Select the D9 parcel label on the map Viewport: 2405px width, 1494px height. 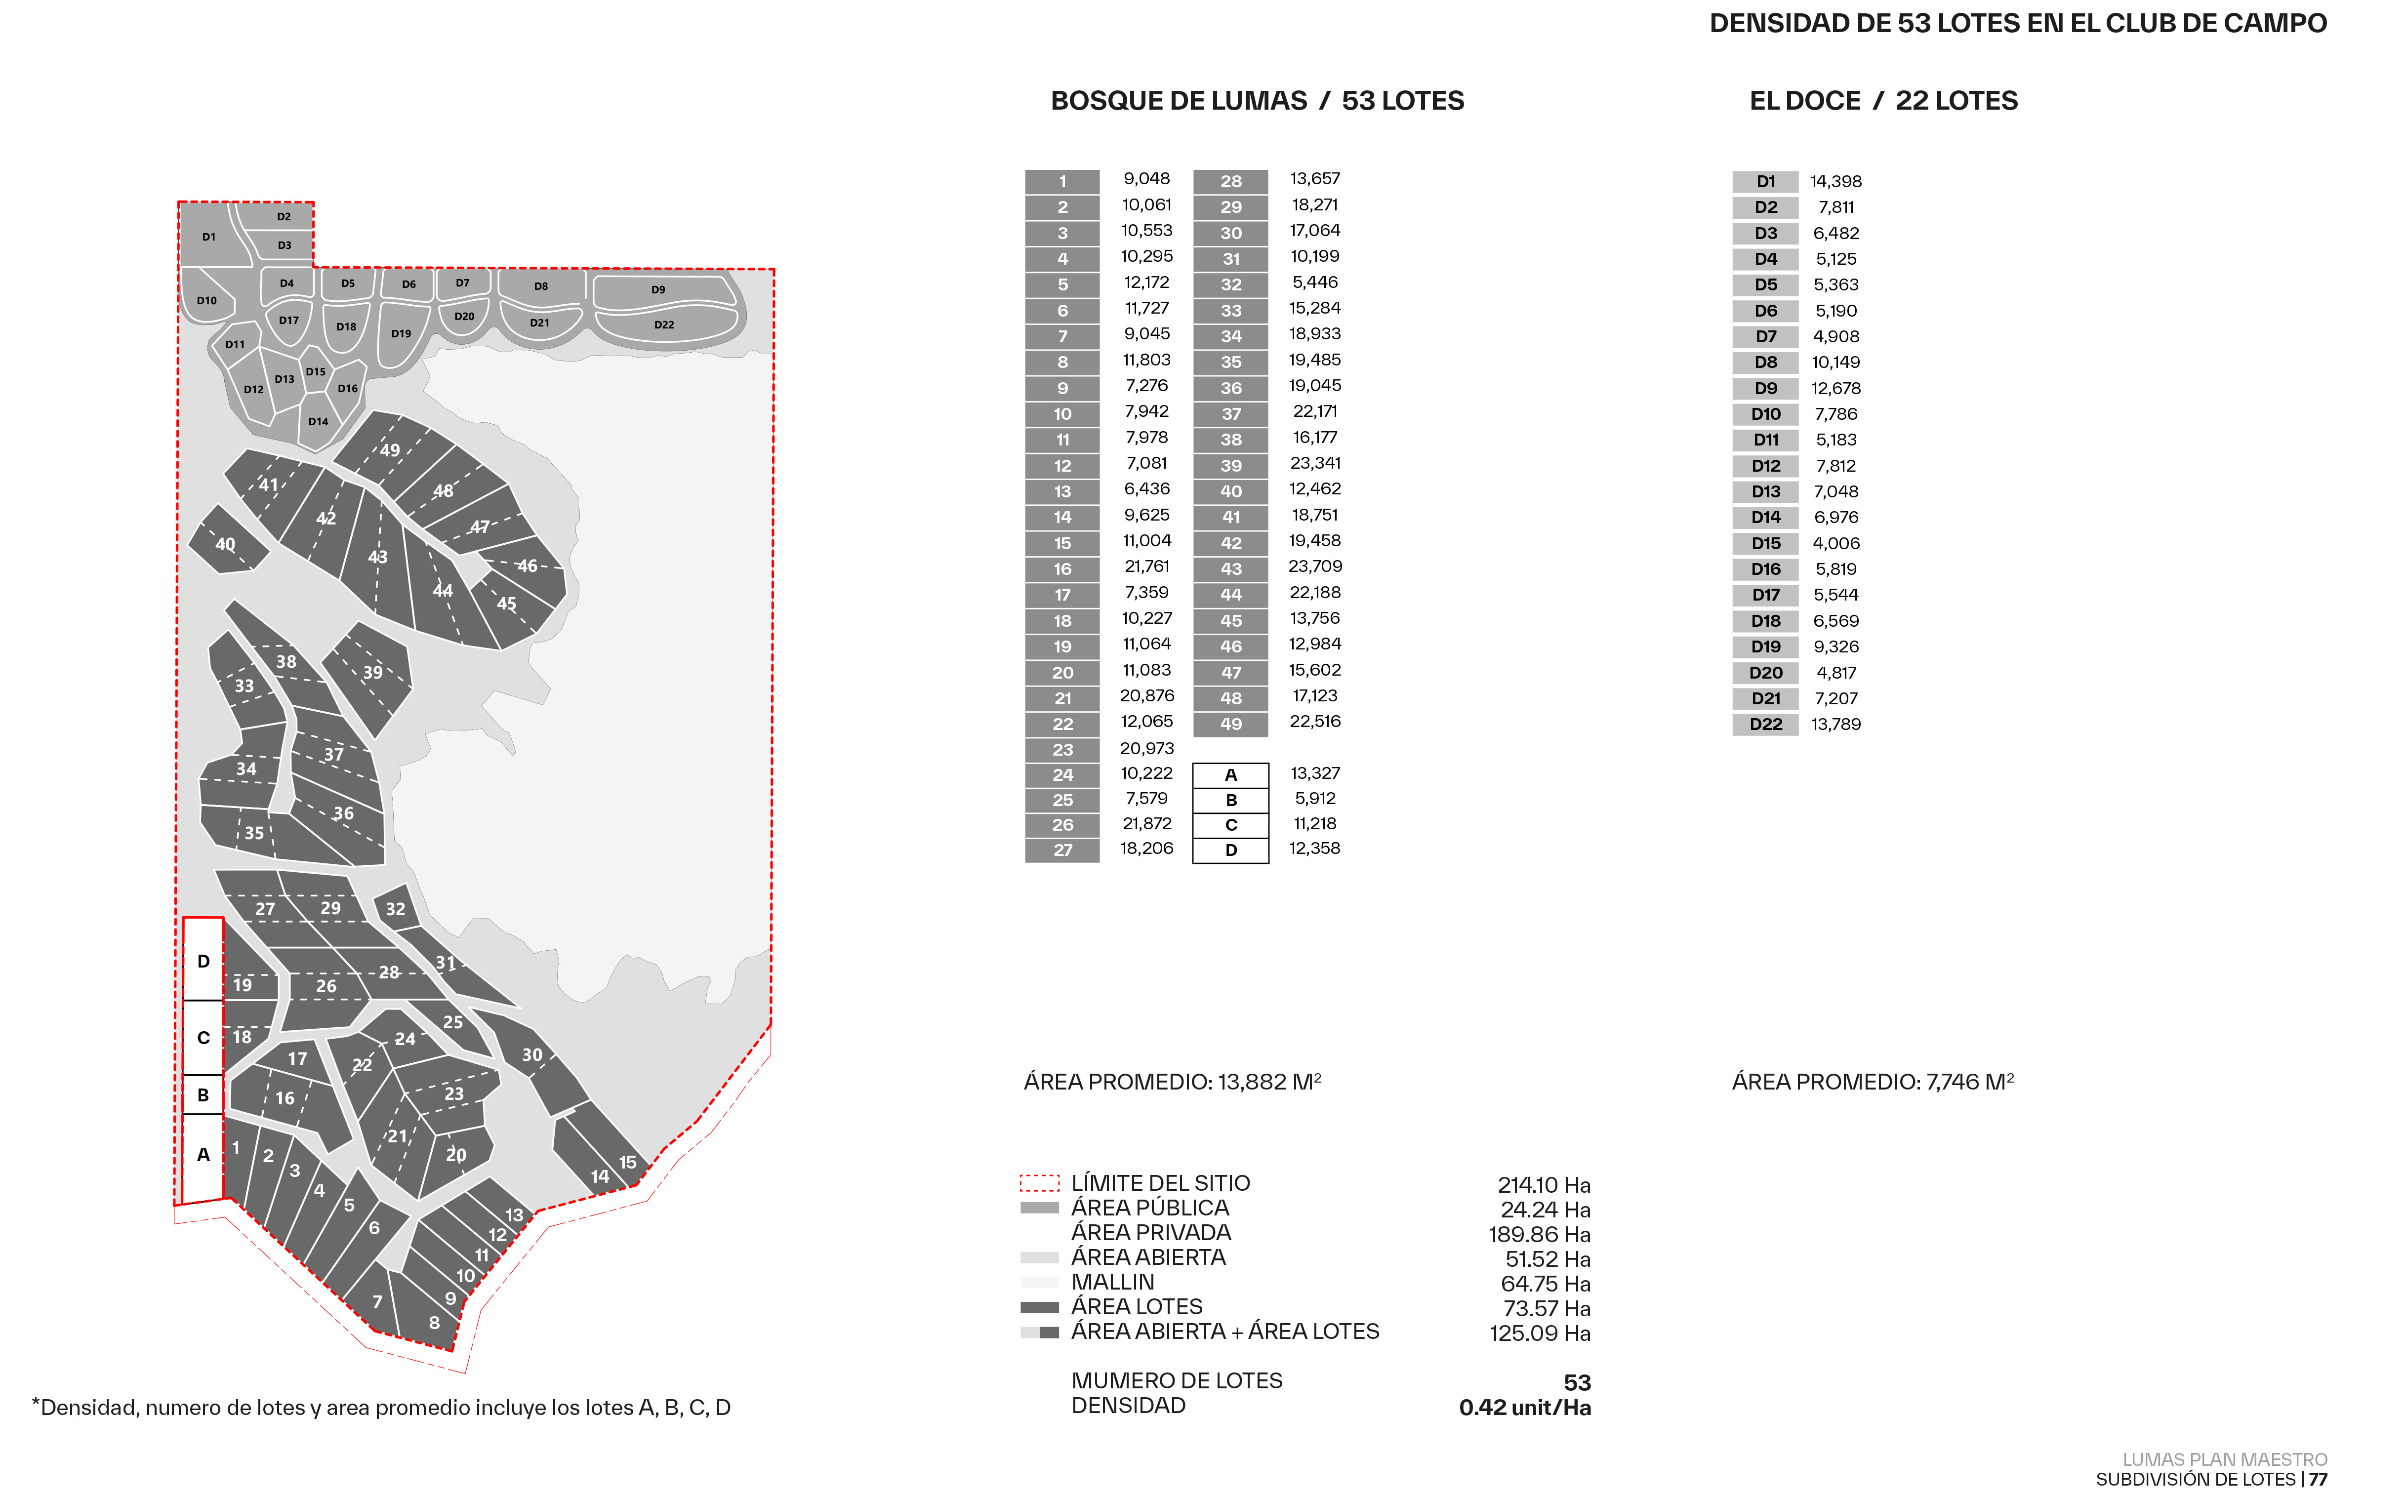coord(658,289)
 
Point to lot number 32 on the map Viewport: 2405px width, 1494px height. coord(395,909)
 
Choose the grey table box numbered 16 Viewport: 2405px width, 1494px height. coord(1062,569)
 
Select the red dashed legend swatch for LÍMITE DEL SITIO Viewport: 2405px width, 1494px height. coord(1039,1183)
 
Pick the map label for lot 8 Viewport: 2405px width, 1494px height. coord(434,1322)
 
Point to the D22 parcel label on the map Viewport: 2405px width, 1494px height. coord(664,324)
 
